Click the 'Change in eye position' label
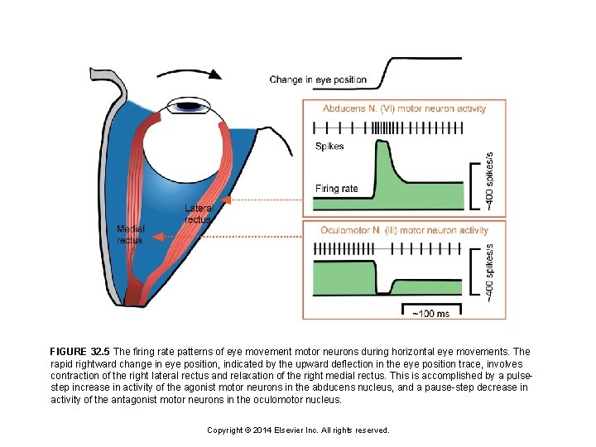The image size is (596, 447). [x=318, y=80]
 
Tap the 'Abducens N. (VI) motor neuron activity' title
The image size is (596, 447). [x=404, y=108]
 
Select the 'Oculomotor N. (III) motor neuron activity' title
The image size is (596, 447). [x=404, y=230]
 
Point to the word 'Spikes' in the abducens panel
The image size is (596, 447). [x=329, y=147]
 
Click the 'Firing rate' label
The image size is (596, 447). [x=336, y=188]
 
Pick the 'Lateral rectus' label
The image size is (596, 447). [x=199, y=214]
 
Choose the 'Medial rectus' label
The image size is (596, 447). [x=130, y=234]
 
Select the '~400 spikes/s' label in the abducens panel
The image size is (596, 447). [x=489, y=180]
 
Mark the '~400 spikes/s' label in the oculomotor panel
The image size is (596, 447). [x=489, y=271]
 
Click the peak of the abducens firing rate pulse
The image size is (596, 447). [x=382, y=143]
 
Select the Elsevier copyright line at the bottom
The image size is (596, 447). [x=297, y=430]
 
